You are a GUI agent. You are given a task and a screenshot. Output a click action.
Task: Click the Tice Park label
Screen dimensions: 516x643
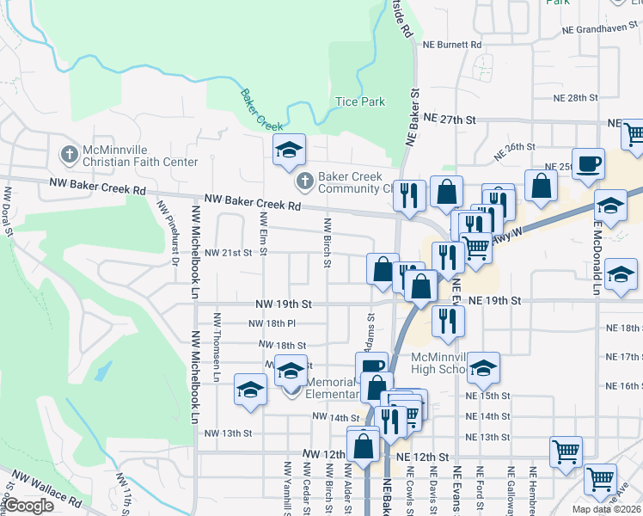359,101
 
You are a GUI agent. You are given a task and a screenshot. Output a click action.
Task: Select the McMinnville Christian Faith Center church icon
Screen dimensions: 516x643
69,155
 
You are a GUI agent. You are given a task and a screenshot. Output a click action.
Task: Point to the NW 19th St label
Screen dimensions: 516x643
282,304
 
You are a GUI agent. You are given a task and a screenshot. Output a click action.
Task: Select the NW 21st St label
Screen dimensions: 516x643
228,253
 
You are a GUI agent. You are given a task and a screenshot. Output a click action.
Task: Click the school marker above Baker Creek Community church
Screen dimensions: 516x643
290,150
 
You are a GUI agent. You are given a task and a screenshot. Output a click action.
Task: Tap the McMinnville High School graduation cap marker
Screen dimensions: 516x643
484,368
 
